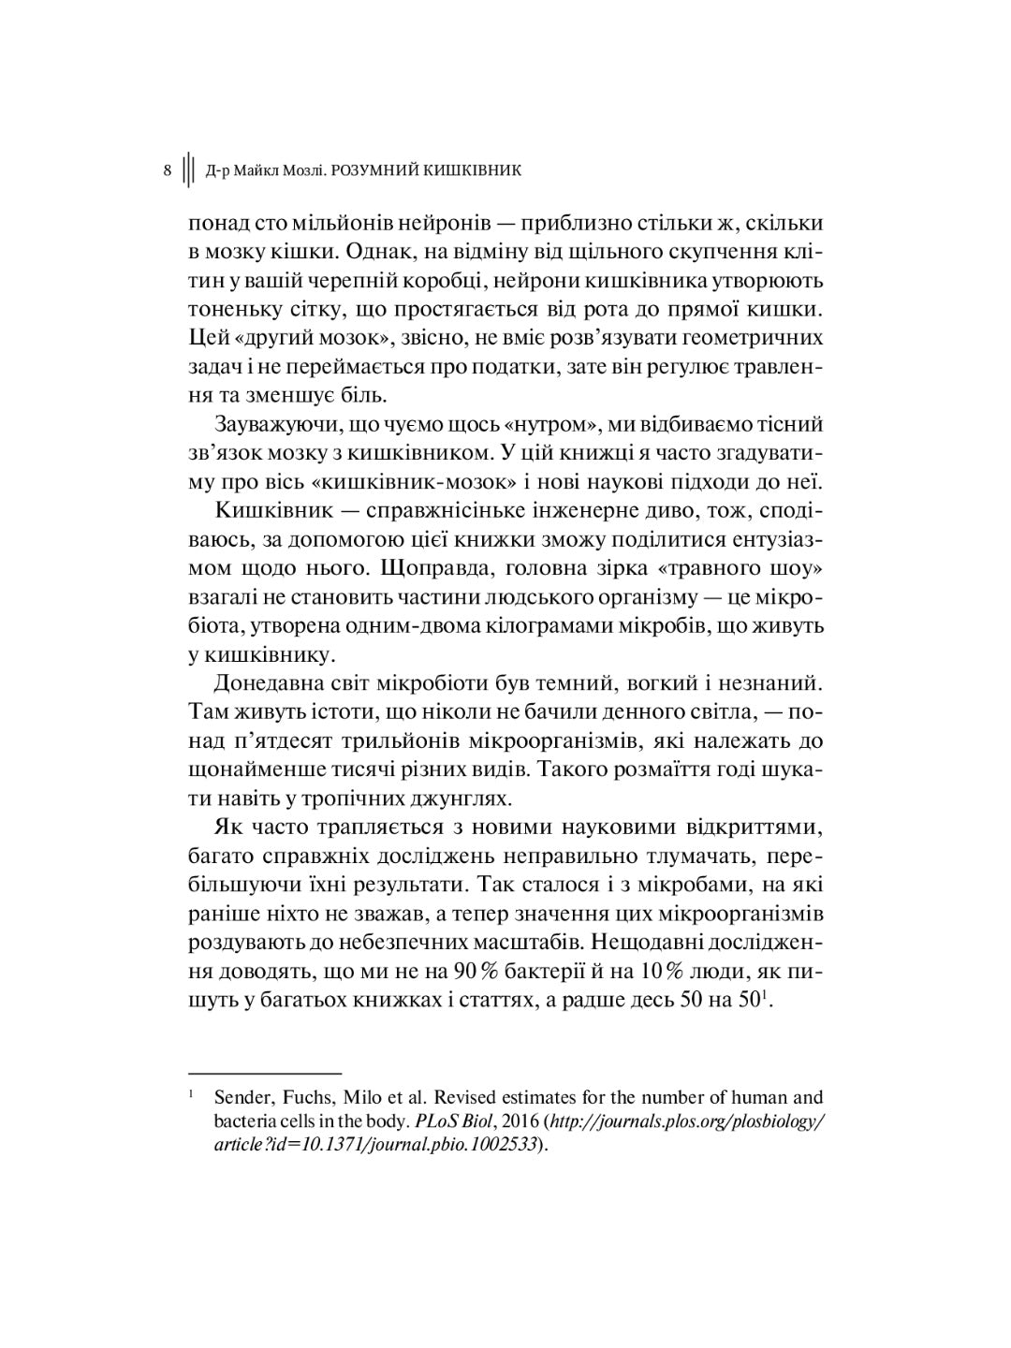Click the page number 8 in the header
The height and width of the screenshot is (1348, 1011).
pos(167,170)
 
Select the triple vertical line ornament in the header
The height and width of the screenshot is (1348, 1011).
pos(188,170)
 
